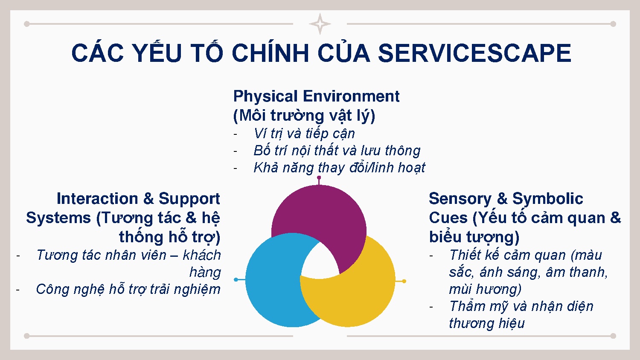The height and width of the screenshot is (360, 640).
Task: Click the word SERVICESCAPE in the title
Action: (x=474, y=53)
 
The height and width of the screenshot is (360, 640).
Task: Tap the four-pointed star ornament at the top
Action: (x=320, y=24)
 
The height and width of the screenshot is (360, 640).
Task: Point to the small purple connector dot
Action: (x=319, y=177)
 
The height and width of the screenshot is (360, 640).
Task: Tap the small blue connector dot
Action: (x=236, y=279)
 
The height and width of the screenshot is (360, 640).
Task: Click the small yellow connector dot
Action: (x=404, y=281)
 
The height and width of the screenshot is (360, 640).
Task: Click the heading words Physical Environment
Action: (x=316, y=96)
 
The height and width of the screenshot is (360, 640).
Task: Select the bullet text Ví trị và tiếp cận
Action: (x=304, y=134)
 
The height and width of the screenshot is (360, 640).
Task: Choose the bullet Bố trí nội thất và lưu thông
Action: (x=337, y=151)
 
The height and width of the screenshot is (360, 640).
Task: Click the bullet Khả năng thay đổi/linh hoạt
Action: (x=339, y=168)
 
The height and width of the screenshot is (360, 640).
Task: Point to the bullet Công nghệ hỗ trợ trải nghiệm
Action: (x=128, y=289)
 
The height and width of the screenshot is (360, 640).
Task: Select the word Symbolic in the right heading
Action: (x=547, y=199)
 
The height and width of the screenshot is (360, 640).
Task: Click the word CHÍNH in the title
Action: (x=270, y=53)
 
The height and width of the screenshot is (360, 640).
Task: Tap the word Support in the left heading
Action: (x=189, y=199)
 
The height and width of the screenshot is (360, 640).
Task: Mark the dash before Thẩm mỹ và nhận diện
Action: (x=432, y=307)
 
